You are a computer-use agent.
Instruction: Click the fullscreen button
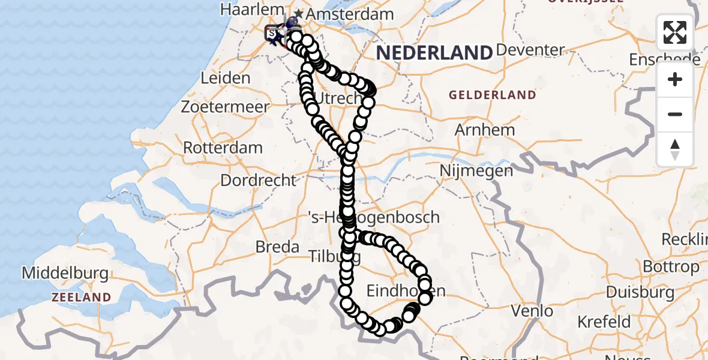point(675,32)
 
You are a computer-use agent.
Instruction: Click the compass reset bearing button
point(675,149)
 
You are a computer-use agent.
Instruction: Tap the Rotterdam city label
point(223,148)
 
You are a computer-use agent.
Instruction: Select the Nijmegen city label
point(476,171)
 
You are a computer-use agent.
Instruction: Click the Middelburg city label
point(65,274)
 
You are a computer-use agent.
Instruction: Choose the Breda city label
point(277,247)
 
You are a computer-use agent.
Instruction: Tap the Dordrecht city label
point(259,180)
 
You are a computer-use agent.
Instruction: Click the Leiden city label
point(226,78)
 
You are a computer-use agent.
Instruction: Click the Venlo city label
point(532,311)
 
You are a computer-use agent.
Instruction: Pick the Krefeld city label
point(604,322)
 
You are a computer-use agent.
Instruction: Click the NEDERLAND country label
point(434,53)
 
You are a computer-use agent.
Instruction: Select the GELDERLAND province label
point(492,95)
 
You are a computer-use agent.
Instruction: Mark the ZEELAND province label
point(81,297)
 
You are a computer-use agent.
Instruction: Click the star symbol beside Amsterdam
point(298,14)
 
